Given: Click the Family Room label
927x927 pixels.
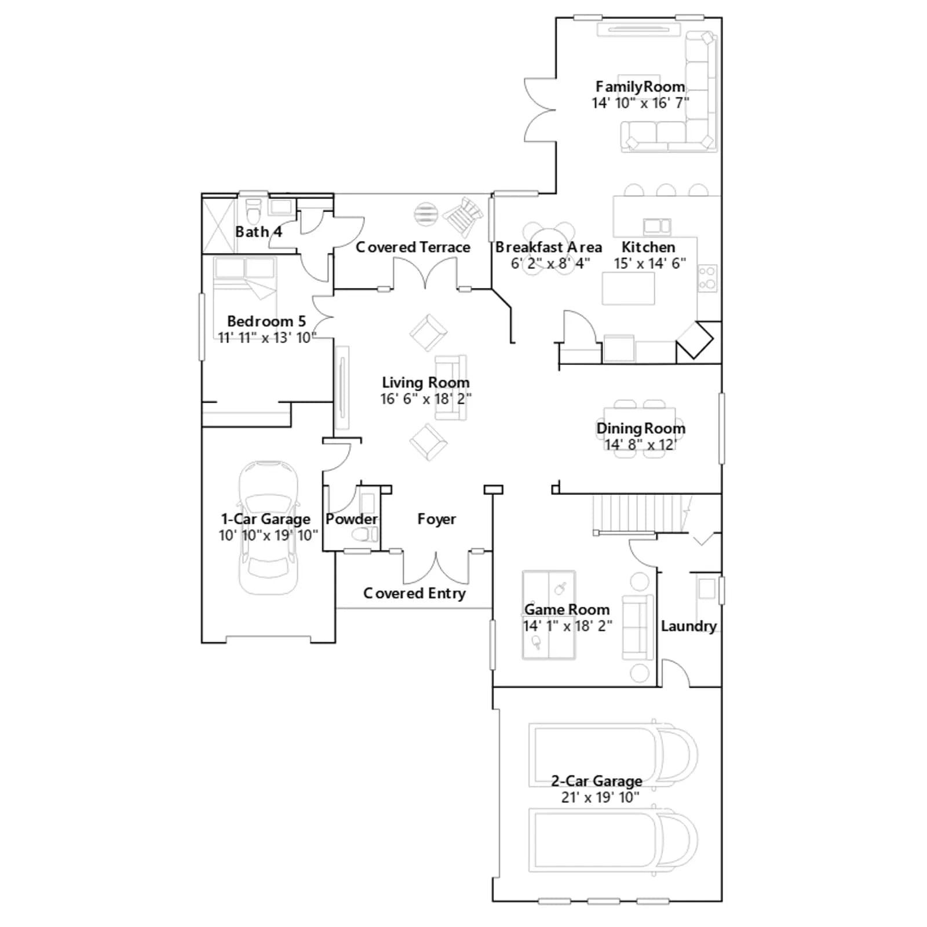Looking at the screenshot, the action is (x=640, y=87).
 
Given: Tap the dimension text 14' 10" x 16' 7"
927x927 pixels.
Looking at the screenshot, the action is (x=640, y=103).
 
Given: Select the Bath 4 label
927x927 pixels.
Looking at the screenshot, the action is (x=258, y=232).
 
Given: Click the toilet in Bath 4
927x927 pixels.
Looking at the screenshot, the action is (x=253, y=212).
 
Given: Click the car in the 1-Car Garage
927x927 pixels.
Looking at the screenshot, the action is (x=268, y=528).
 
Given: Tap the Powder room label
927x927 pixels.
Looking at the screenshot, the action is (x=352, y=519).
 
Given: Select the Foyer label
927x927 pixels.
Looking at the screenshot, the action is (x=436, y=519).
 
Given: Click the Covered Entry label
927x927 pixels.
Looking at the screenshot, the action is (x=414, y=593).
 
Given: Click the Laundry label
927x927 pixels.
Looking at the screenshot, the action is (x=689, y=626).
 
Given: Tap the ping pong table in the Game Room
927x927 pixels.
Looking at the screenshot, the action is (x=549, y=615).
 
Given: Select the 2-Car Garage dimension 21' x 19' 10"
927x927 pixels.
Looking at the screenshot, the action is (x=600, y=798).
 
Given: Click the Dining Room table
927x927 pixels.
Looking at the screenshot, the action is (x=640, y=429).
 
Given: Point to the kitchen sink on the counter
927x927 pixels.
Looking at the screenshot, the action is (x=657, y=226).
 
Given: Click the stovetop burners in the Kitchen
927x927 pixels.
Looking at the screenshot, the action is (x=707, y=278).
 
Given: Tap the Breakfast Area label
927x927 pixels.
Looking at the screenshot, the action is (x=548, y=247).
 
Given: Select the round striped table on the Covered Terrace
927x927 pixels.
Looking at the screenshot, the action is (x=426, y=213).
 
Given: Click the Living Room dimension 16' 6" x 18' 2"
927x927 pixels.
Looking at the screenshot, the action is (x=426, y=399).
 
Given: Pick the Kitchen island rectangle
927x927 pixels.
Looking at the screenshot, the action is (x=628, y=288).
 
